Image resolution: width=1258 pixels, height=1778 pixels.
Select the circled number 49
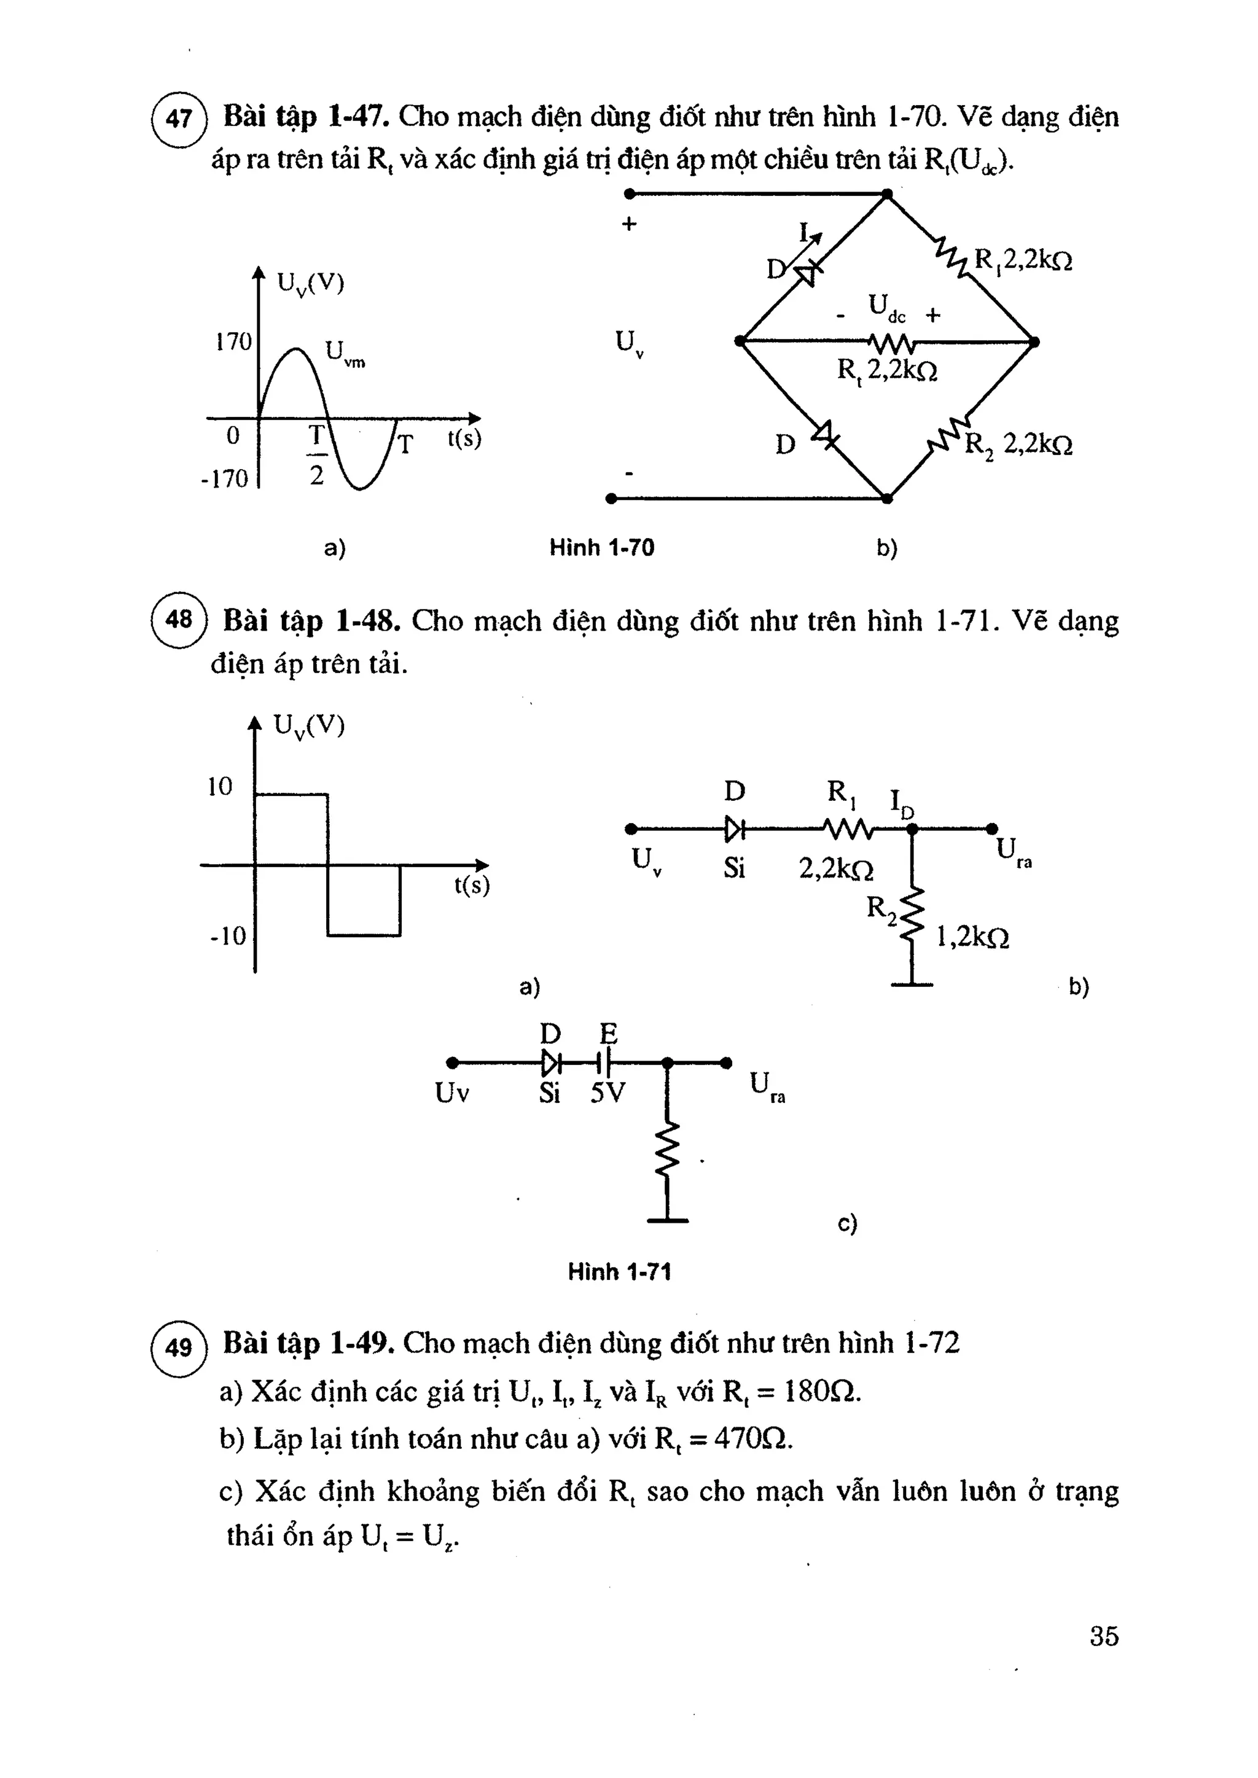pos(179,1348)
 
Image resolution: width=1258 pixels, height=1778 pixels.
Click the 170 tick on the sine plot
pos(233,341)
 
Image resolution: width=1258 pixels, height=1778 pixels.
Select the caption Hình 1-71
pos(620,1271)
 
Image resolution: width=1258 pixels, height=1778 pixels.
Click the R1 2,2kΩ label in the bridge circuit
pos(1023,260)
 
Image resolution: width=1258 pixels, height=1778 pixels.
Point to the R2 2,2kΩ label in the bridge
pos(1018,445)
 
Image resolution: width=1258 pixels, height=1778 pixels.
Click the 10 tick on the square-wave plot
pos(220,787)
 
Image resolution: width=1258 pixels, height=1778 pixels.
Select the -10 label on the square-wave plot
pos(227,936)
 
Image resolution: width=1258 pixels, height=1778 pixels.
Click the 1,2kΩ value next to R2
pos(972,938)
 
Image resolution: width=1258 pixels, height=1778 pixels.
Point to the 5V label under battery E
pos(608,1093)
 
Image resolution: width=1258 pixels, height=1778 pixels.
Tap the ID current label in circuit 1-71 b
pos(902,804)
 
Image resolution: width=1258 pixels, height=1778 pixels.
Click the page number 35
pos(1104,1636)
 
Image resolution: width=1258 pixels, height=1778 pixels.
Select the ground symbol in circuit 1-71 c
pos(668,1220)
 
